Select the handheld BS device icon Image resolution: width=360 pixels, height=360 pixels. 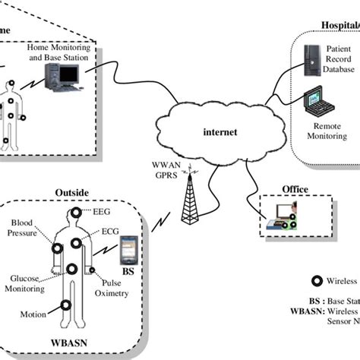(x=130, y=247)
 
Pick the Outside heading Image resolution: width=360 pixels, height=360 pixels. (x=71, y=193)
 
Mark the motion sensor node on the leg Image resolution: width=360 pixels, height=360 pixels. (x=66, y=305)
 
